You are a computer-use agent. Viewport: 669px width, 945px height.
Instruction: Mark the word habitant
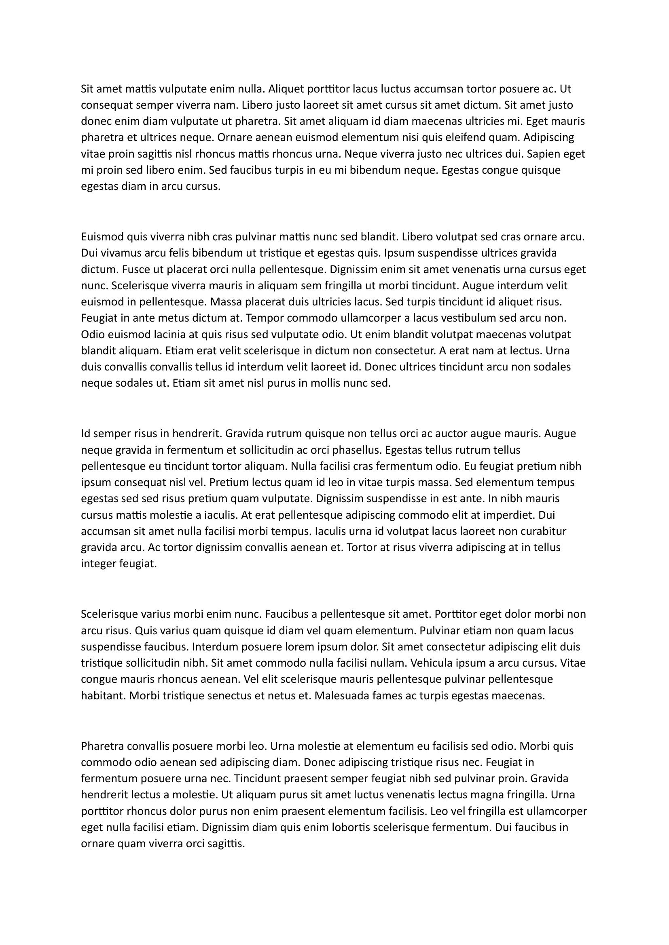104,696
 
